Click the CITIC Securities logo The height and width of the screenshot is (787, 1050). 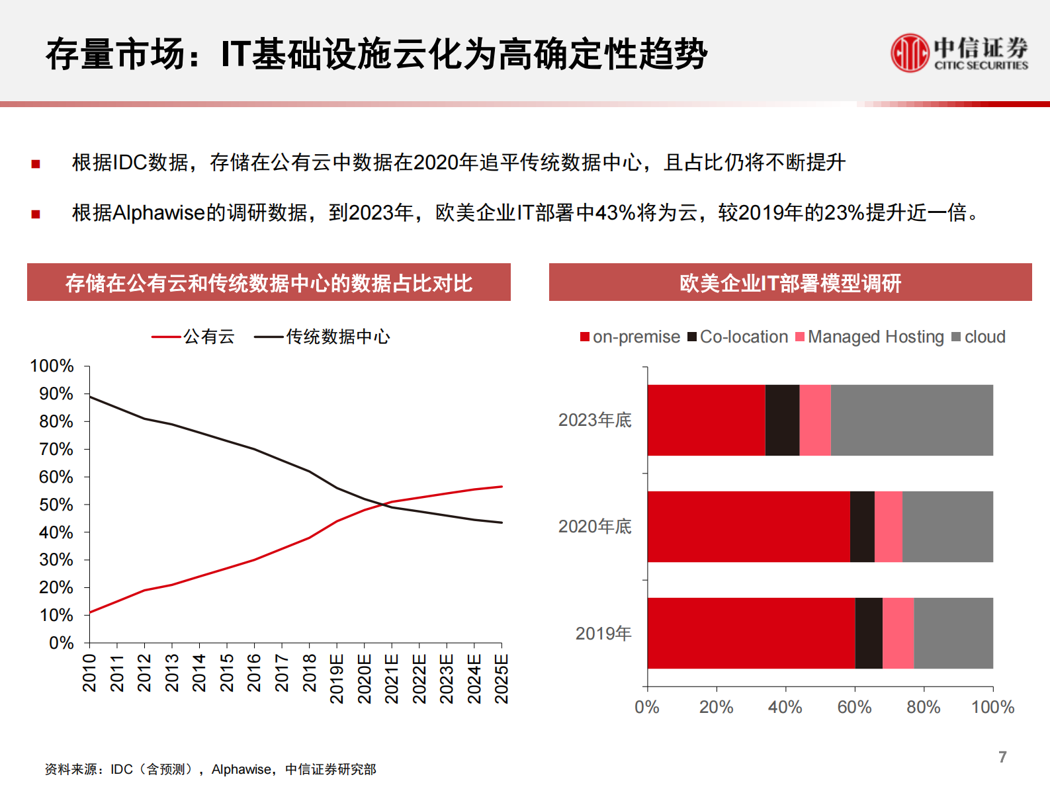pyautogui.click(x=959, y=53)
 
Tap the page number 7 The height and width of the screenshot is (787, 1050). pyautogui.click(x=1002, y=757)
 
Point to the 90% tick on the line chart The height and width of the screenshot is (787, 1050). pyautogui.click(x=56, y=394)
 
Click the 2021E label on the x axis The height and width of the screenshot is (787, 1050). pyautogui.click(x=392, y=678)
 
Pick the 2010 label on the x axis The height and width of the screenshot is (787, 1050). pyautogui.click(x=89, y=673)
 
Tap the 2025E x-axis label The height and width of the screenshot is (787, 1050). pyautogui.click(x=502, y=678)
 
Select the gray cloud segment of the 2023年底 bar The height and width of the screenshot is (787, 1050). pyautogui.click(x=911, y=420)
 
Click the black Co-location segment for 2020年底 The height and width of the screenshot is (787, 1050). pyautogui.click(x=862, y=526)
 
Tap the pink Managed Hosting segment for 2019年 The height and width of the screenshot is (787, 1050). pyautogui.click(x=898, y=633)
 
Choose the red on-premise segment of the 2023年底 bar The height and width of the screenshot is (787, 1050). pyautogui.click(x=706, y=420)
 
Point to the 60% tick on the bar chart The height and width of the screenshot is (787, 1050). pyautogui.click(x=854, y=707)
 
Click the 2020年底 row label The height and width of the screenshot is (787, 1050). pyautogui.click(x=595, y=526)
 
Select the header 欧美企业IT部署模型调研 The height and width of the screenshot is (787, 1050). pyautogui.click(x=790, y=283)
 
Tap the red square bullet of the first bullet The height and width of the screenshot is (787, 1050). pyautogui.click(x=36, y=164)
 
